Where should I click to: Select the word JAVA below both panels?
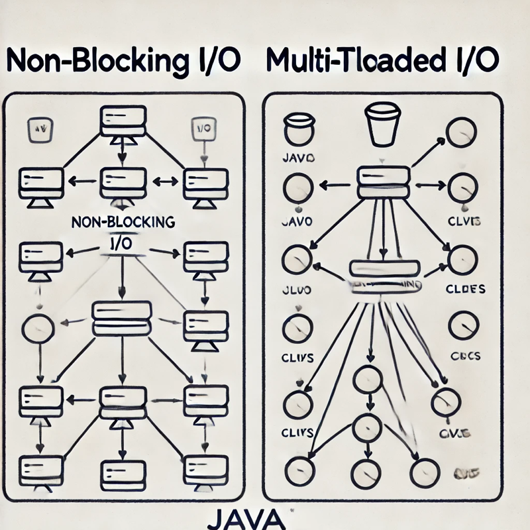click(255, 517)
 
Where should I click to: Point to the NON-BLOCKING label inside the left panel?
click(122, 223)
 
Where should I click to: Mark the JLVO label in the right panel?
click(297, 290)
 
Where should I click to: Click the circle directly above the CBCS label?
click(462, 326)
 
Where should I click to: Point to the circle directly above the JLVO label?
click(297, 258)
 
